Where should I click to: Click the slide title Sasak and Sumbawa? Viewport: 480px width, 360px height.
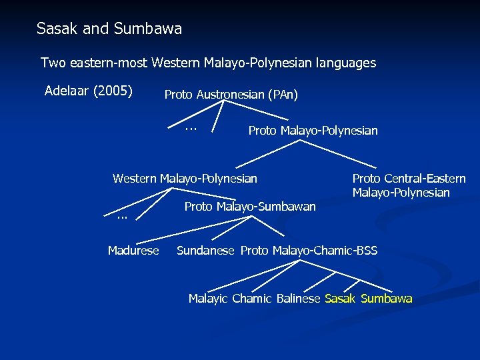109,29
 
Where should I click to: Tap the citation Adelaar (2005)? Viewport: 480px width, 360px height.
88,91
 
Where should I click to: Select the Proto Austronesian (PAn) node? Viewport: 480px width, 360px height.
231,95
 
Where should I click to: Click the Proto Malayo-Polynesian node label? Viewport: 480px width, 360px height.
313,131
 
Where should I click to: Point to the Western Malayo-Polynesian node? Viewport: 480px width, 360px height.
185,178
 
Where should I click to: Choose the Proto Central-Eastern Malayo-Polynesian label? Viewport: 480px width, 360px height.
409,185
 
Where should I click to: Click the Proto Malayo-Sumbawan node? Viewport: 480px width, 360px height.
249,207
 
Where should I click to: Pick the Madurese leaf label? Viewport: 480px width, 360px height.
133,251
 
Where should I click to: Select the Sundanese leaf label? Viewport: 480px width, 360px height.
205,251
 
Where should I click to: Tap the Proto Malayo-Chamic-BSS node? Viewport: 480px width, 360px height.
309,251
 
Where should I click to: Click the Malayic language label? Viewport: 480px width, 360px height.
207,299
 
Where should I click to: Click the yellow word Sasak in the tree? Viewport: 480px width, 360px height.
340,299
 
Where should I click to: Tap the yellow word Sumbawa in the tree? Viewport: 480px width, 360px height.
387,299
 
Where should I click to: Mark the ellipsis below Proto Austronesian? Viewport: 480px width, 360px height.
191,127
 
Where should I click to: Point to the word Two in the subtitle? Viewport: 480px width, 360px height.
53,63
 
